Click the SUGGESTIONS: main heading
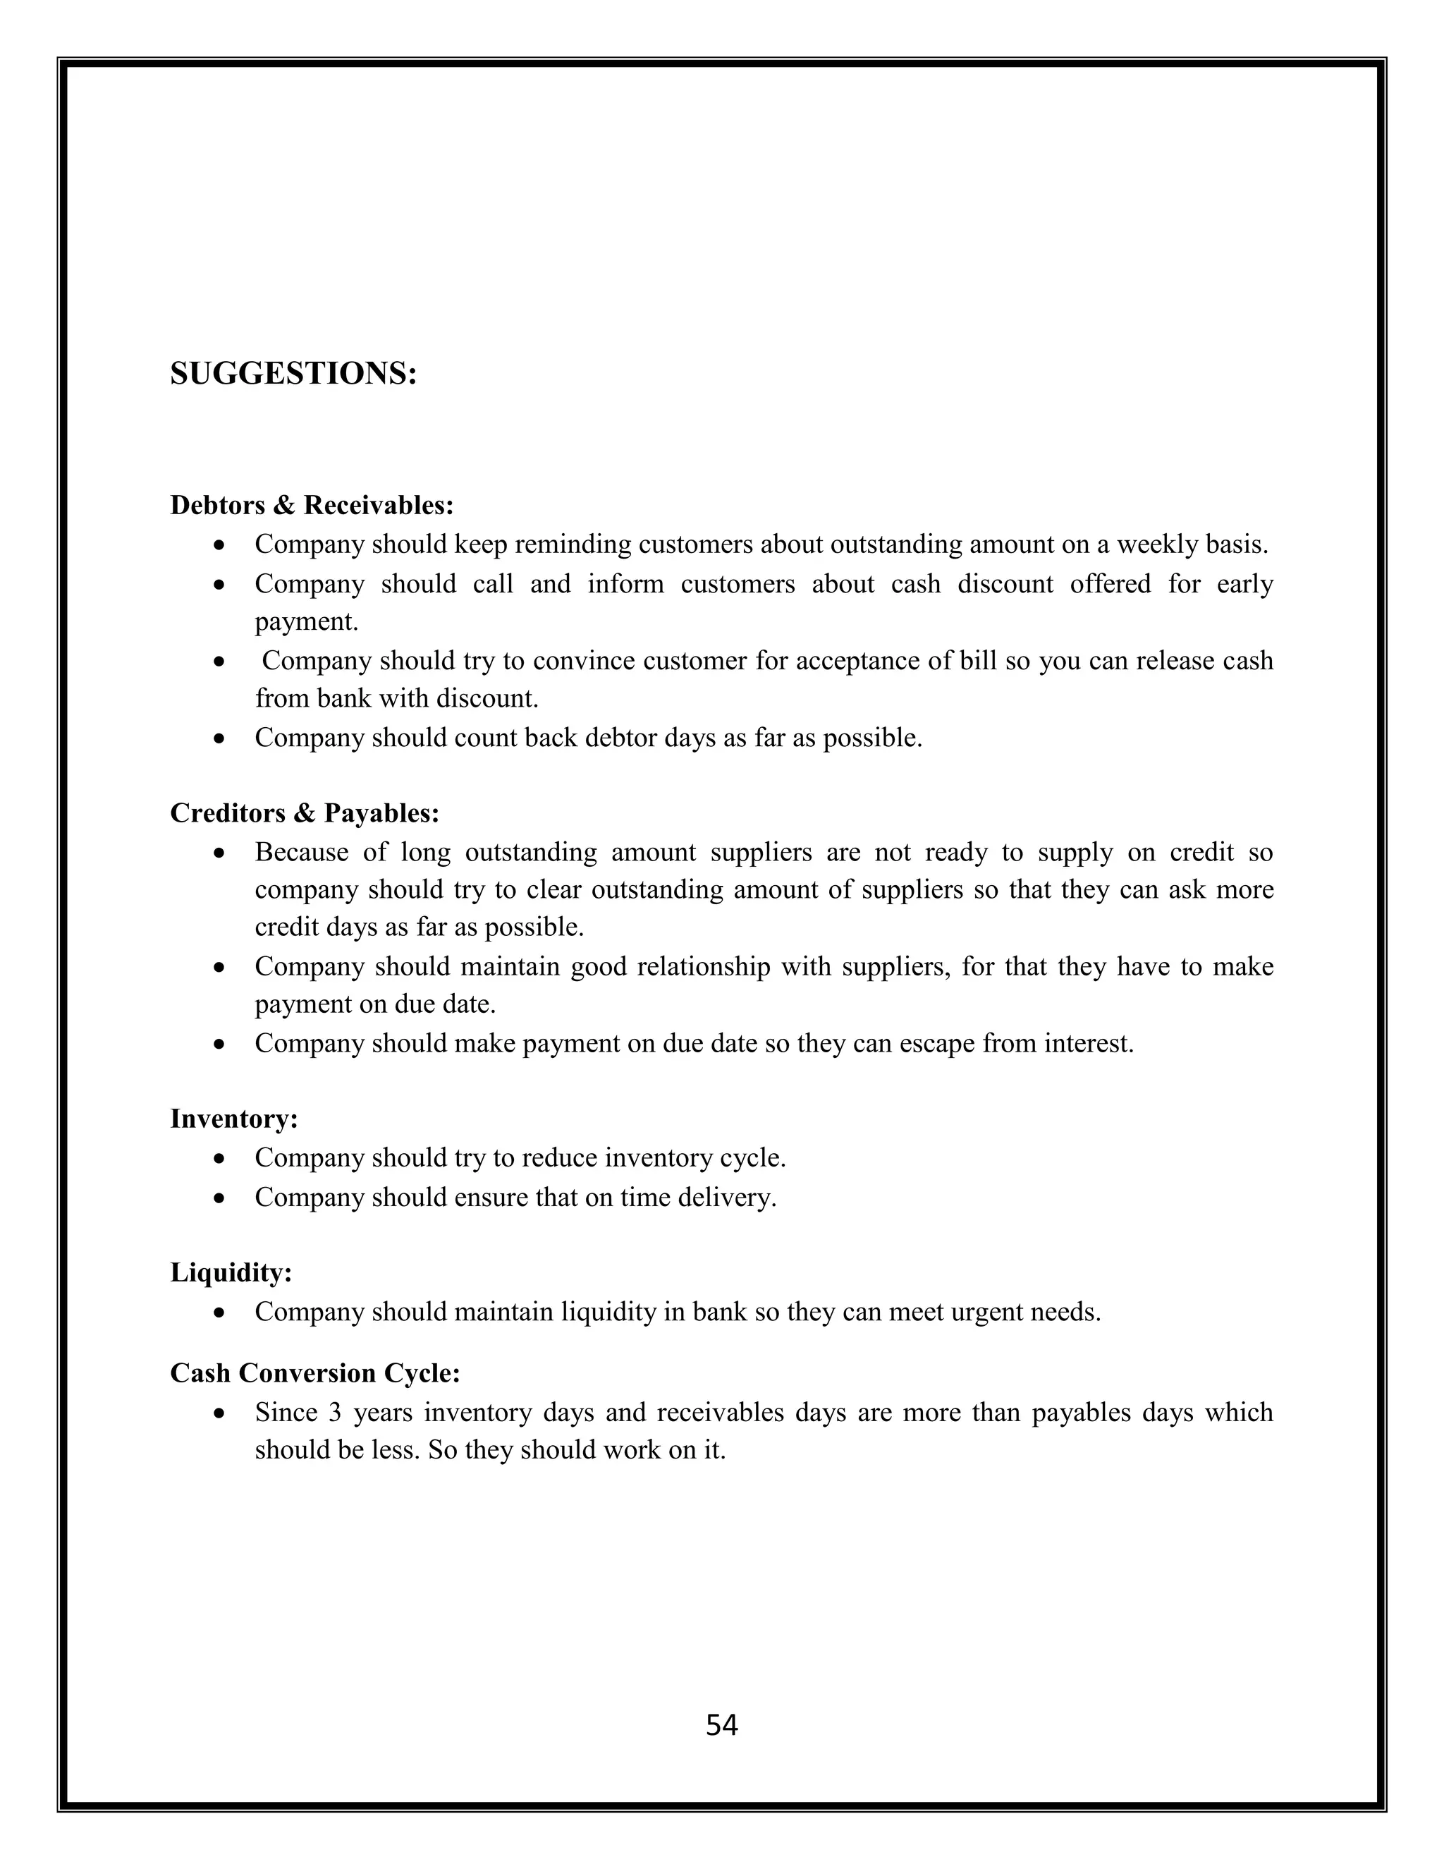293,374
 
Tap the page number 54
721,1725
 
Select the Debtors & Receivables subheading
312,505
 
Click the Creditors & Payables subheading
305,813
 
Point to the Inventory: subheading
234,1119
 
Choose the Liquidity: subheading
231,1272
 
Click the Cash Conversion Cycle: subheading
314,1372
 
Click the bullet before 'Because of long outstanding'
220,853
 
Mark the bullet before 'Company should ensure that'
220,1198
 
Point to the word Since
286,1412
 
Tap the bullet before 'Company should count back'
220,738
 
